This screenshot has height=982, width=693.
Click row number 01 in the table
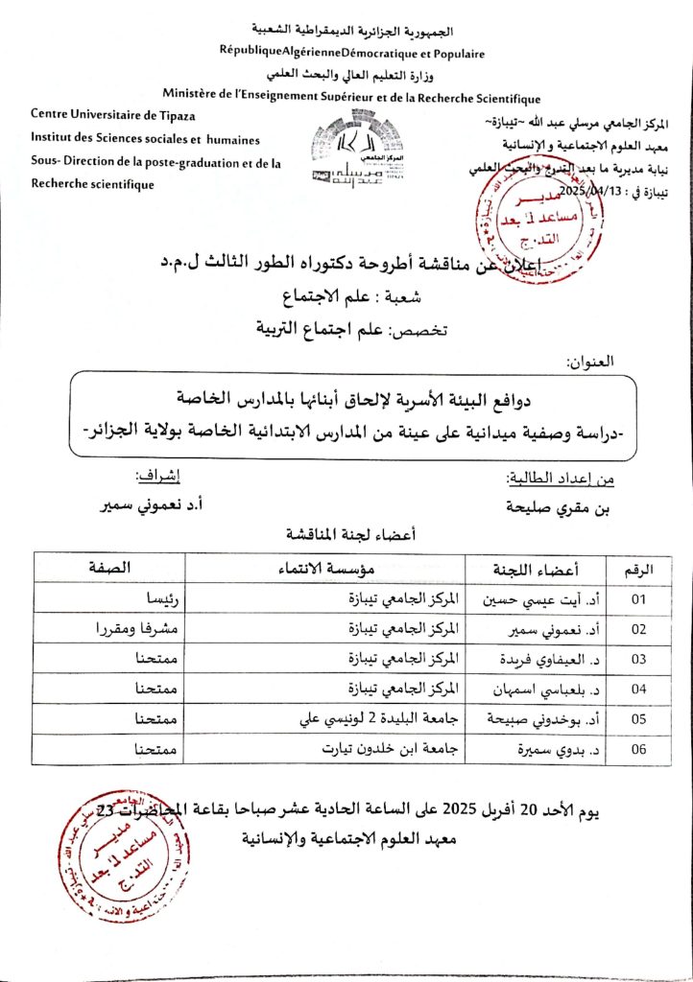pos(638,599)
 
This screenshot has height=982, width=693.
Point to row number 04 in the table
pos(638,689)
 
